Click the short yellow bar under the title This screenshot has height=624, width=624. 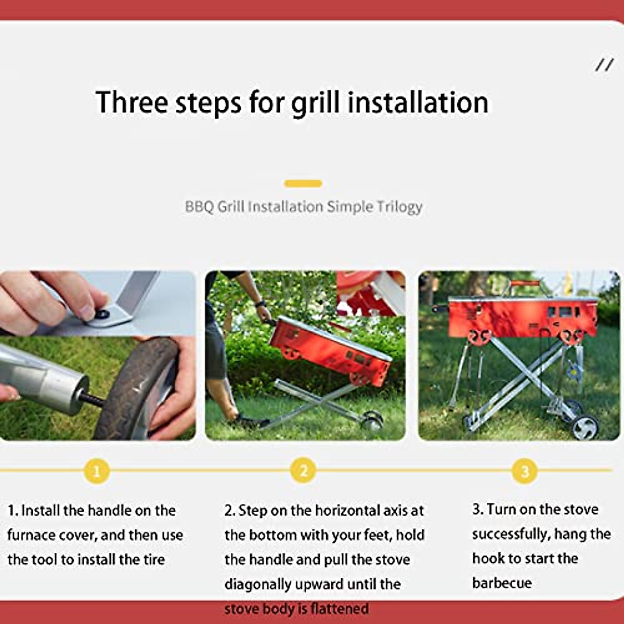tap(303, 183)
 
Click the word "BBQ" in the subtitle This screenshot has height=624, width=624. tap(199, 206)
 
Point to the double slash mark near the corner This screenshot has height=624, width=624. tap(604, 65)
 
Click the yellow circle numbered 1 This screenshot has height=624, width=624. tap(97, 471)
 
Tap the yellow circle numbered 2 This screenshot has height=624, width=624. tap(304, 471)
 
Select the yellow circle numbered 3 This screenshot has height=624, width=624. tap(525, 471)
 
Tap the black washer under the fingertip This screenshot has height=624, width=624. tap(102, 314)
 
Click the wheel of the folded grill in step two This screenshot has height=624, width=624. tap(372, 420)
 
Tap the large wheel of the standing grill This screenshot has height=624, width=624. tap(584, 427)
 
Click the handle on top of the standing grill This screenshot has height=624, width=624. tap(524, 284)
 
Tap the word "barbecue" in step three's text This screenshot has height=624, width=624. tap(502, 583)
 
